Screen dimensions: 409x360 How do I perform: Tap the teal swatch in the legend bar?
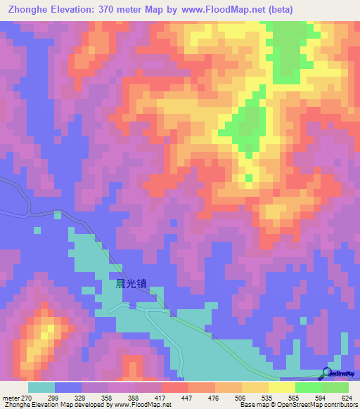41,387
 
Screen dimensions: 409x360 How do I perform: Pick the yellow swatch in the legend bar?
281,387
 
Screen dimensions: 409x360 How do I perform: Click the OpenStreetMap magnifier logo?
328,372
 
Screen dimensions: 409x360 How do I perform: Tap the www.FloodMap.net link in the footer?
141,404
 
